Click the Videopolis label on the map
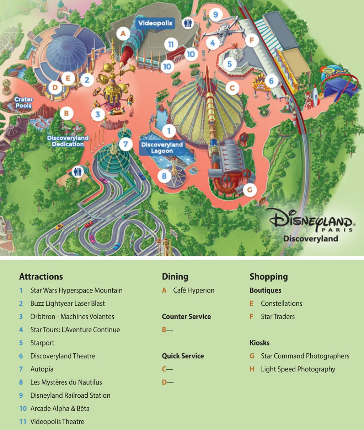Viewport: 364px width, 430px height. tap(155, 23)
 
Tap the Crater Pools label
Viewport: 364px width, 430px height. tap(23, 103)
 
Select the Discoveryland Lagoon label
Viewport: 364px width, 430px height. tap(162, 148)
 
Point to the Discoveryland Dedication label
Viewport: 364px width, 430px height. tap(68, 141)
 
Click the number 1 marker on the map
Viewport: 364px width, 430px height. tap(169, 131)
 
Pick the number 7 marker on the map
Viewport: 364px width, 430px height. tap(125, 145)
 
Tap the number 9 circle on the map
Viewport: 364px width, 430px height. tap(215, 15)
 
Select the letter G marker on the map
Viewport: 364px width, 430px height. tap(250, 190)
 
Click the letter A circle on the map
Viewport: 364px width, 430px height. tap(123, 34)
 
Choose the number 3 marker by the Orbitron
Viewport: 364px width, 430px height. tap(98, 114)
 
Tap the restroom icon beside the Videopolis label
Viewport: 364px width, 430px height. tap(188, 23)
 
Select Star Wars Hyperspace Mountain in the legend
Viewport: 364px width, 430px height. tap(76, 290)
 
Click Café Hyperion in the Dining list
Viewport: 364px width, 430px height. tap(193, 290)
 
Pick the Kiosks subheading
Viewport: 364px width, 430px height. tap(259, 343)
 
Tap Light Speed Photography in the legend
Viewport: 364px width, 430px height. tap(298, 369)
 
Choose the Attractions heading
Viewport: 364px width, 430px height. tap(41, 277)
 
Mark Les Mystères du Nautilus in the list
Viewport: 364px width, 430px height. tap(66, 382)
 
